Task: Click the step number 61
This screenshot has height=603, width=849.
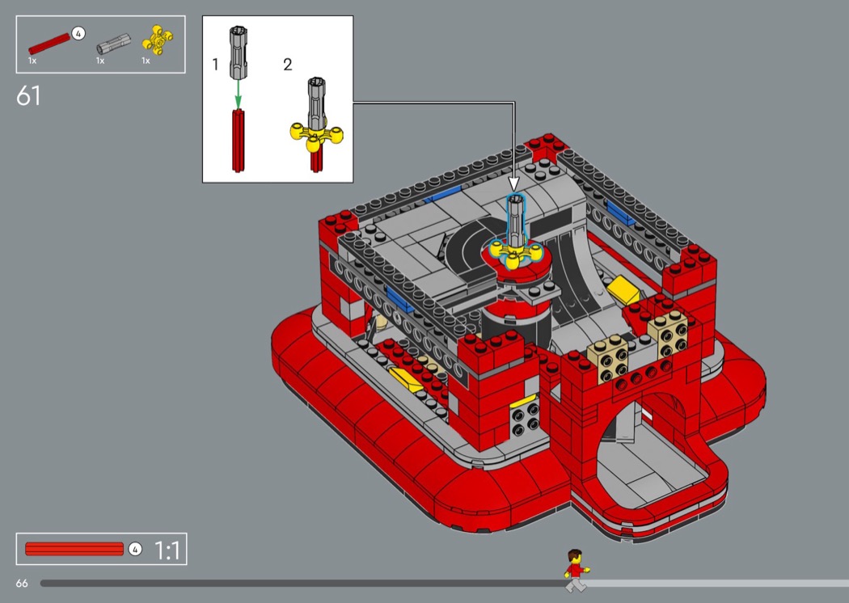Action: (28, 96)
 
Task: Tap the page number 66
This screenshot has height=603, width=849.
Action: (22, 583)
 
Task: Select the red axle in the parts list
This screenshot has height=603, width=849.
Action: (49, 44)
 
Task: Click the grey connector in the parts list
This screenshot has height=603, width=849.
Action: (114, 44)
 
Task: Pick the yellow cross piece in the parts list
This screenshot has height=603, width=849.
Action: (158, 40)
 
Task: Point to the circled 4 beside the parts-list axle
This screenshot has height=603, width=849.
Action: (78, 34)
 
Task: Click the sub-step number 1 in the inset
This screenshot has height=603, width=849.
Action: (216, 65)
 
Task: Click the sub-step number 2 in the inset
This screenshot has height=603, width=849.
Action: (288, 65)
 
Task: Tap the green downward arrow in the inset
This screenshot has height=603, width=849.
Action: (238, 95)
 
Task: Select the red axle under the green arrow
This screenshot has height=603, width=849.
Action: (239, 141)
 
